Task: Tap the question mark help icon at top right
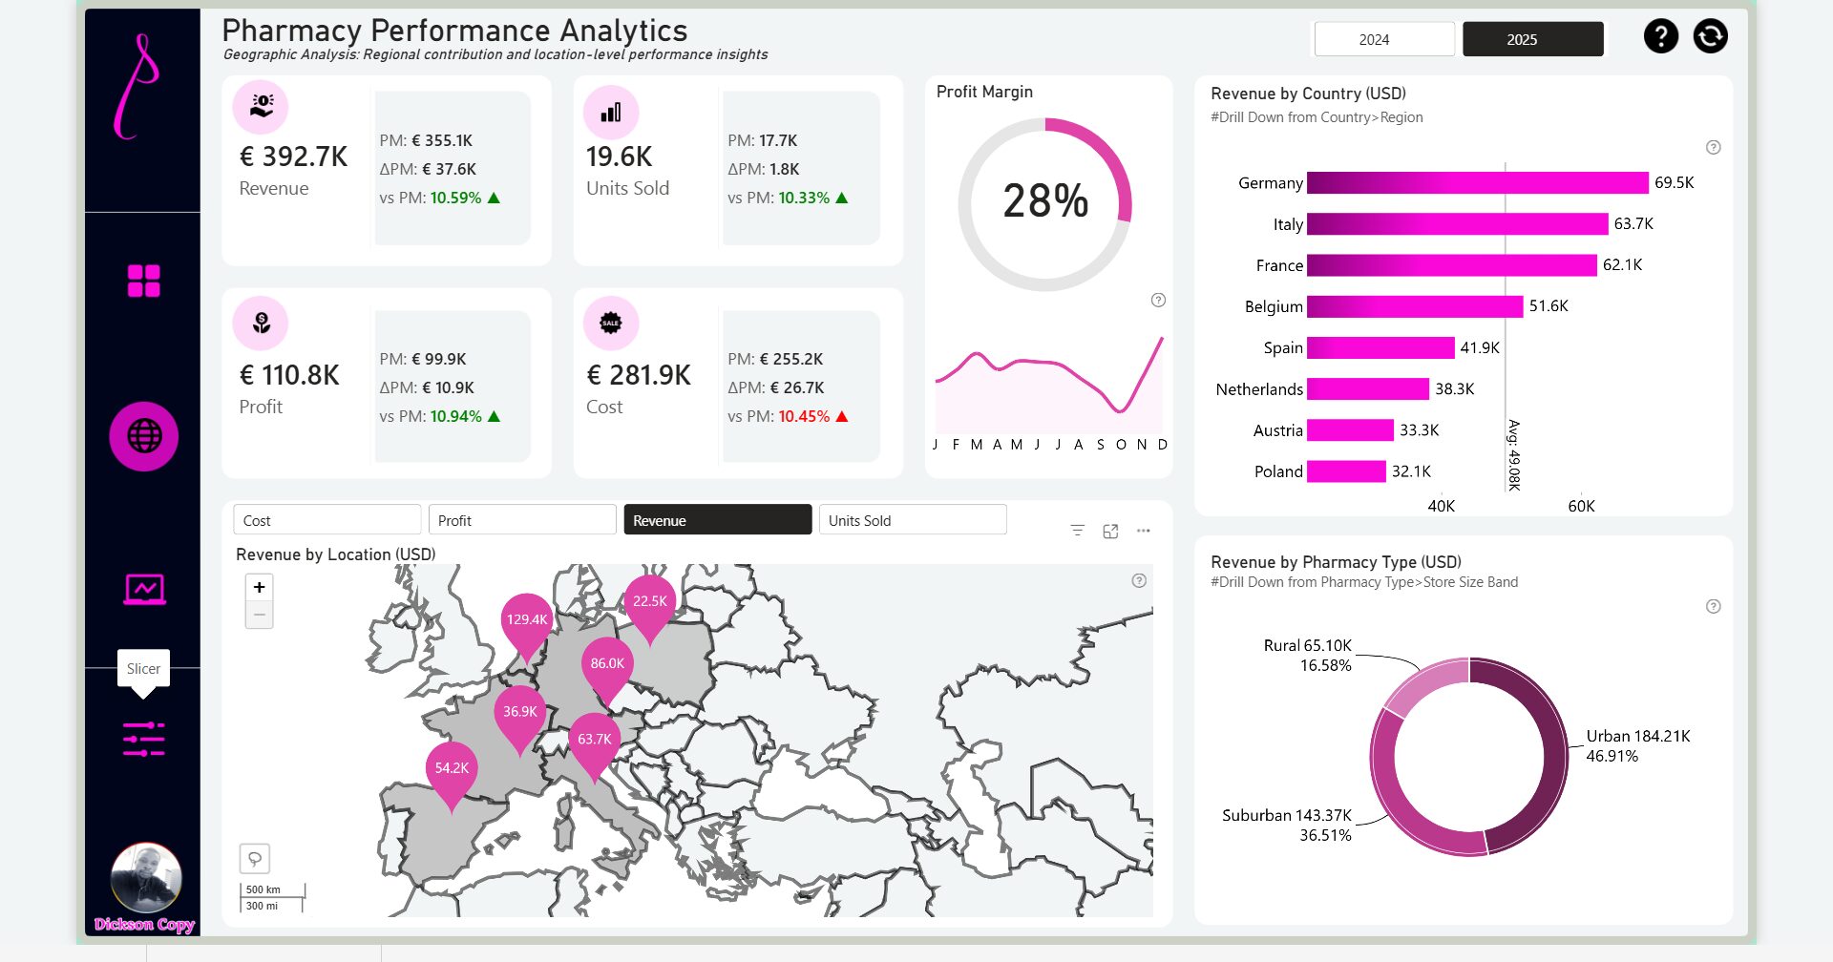pos(1660,36)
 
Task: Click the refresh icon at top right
pos(1710,36)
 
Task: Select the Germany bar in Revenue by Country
pos(1477,182)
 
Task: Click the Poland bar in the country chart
pos(1346,471)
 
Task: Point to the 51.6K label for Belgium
pos(1549,306)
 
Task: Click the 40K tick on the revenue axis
pos(1441,506)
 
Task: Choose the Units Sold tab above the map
pos(912,520)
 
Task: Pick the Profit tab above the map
pos(521,520)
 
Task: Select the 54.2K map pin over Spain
pos(452,770)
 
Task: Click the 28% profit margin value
pos(1045,201)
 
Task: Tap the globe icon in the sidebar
pos(144,436)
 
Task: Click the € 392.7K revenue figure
pos(294,157)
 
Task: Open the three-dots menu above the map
pos(1143,531)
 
